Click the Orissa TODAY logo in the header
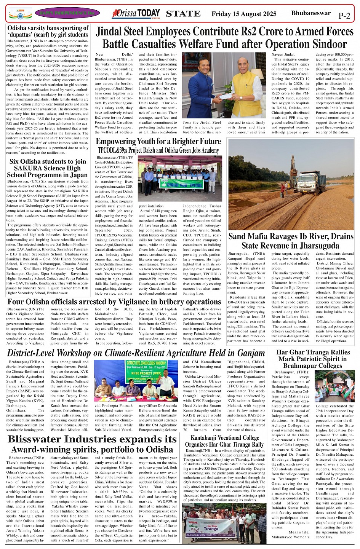[x=136, y=14]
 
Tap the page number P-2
[x=344, y=16]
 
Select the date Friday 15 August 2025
[x=244, y=14]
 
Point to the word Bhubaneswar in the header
[x=311, y=13]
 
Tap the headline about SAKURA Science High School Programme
[x=48, y=168]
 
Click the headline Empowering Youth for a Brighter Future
[x=158, y=142]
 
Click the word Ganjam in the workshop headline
[x=246, y=353]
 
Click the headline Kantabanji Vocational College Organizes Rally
[x=224, y=441]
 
